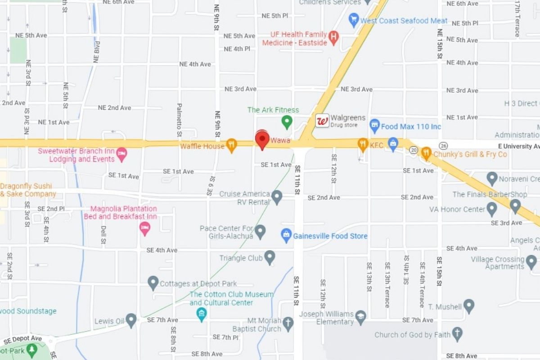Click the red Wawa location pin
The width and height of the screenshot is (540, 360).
tap(262, 139)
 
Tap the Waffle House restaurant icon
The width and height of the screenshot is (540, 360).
tap(231, 145)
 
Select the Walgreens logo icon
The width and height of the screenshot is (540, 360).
tap(322, 121)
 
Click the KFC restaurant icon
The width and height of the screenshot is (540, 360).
tap(363, 144)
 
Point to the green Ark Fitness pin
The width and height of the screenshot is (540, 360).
tap(287, 121)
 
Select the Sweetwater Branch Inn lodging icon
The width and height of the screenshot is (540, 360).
tap(121, 154)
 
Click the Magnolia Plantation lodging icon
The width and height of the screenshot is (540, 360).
tap(144, 228)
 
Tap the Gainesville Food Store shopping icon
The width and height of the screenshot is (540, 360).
tap(286, 234)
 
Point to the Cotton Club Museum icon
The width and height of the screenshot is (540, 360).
tap(202, 314)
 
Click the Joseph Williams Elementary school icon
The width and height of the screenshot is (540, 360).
tap(360, 317)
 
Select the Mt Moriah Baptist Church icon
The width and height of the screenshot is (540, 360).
tap(288, 323)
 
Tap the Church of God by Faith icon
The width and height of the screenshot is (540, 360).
tap(457, 334)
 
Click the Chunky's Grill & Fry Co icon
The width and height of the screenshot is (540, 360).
tap(426, 153)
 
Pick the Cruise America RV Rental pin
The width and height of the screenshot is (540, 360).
tap(277, 196)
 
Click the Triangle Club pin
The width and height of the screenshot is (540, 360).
tap(270, 257)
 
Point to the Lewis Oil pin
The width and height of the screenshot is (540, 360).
tap(131, 320)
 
